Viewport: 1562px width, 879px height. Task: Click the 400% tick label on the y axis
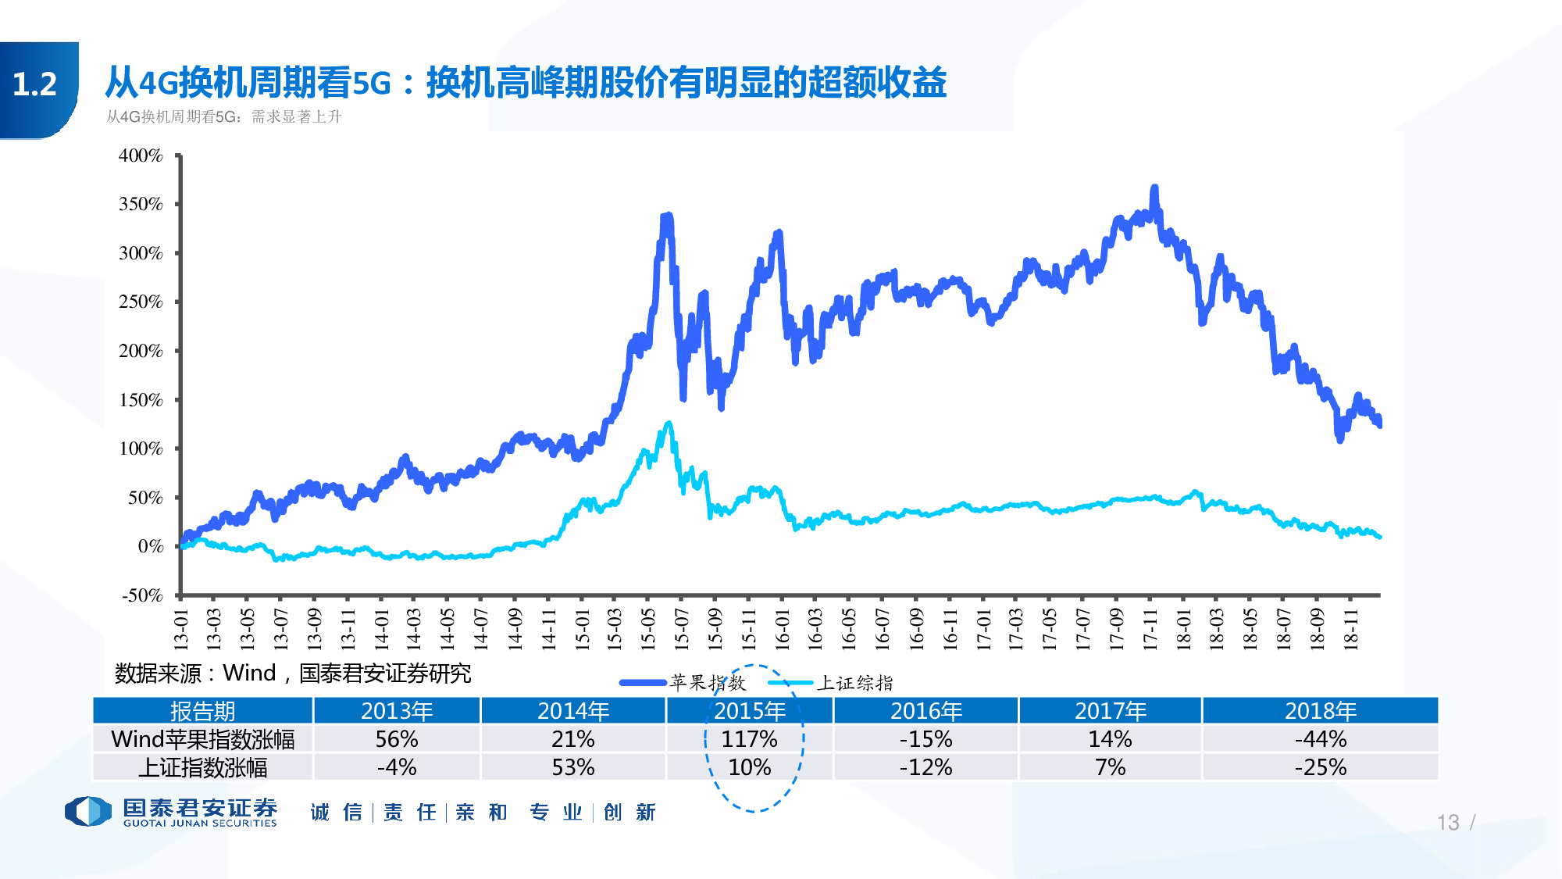click(141, 155)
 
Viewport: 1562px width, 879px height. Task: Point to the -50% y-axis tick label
click(142, 595)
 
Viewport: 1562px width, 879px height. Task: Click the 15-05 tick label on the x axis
click(647, 630)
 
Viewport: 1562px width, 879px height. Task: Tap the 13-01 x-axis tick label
click(181, 630)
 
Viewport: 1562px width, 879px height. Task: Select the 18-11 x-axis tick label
click(1351, 630)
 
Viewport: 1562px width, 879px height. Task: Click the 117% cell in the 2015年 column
click(749, 739)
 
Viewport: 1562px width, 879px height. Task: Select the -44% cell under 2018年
click(1320, 739)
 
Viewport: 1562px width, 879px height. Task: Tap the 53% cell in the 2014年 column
click(573, 767)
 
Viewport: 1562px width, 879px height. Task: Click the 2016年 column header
click(925, 711)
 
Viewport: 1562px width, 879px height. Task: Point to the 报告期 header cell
click(202, 711)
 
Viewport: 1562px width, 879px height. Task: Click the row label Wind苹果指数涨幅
click(202, 739)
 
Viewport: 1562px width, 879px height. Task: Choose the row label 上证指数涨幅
click(202, 767)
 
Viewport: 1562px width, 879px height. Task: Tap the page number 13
click(1447, 822)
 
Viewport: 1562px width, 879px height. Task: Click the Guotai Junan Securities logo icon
click(87, 811)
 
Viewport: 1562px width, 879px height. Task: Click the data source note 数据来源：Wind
click(292, 673)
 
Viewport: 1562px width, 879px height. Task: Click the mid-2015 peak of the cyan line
click(669, 423)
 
